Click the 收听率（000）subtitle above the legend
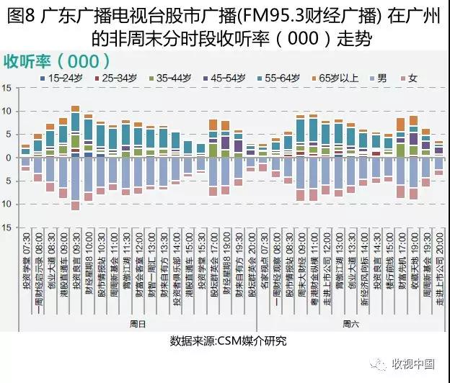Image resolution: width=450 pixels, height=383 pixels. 58,60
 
